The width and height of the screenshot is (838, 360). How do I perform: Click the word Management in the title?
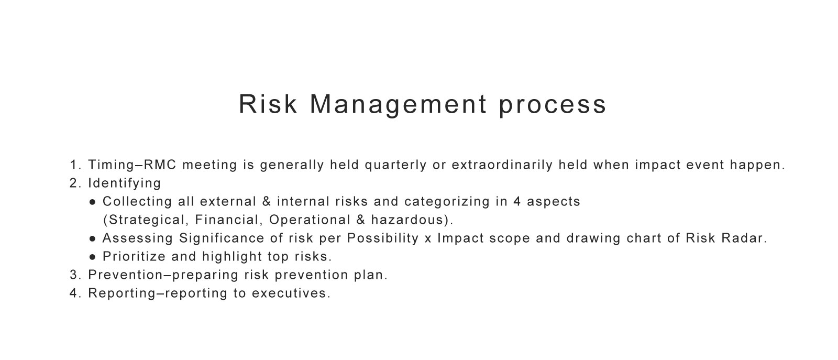[399, 105]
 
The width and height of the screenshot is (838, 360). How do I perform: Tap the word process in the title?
[552, 106]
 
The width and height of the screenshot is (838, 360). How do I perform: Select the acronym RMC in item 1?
[160, 165]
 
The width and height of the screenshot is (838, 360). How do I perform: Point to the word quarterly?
[396, 166]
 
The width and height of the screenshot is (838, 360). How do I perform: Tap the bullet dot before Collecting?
[92, 202]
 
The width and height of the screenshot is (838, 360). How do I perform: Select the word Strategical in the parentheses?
[146, 220]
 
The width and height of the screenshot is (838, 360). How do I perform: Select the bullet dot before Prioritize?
[92, 257]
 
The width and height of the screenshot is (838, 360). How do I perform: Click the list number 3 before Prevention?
[74, 275]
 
